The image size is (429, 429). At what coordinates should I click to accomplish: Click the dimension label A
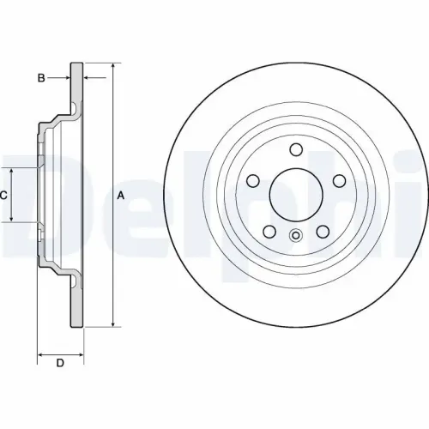tap(121, 196)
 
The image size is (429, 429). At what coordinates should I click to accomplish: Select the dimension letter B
tap(40, 79)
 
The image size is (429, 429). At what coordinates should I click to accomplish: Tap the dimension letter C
tap(3, 196)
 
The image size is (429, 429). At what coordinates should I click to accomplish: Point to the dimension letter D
tap(60, 363)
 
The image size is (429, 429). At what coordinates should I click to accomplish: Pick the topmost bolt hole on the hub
tap(297, 149)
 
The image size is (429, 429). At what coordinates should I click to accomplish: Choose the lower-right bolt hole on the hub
tap(324, 231)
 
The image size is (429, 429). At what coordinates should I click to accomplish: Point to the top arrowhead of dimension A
tap(112, 66)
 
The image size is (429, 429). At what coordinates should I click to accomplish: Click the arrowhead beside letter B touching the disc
tap(69, 79)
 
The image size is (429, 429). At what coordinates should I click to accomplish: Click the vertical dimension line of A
tap(112, 257)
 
